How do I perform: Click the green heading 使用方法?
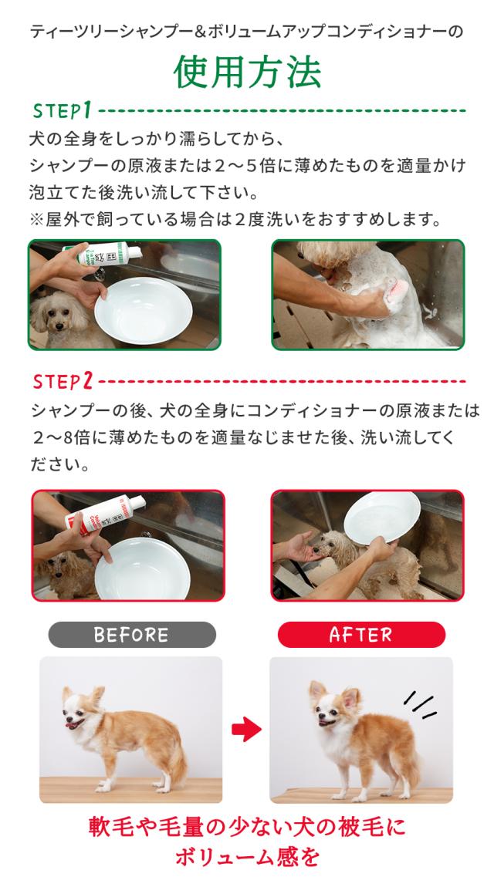point(246,74)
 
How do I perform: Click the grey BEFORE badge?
point(131,634)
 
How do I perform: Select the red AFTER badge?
point(361,634)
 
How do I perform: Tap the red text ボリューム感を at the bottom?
point(247,858)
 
